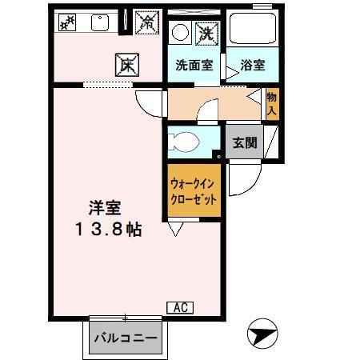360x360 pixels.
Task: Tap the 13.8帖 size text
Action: [x=109, y=230]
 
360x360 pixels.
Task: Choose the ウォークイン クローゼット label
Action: [x=193, y=193]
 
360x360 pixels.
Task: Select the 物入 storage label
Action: [x=271, y=104]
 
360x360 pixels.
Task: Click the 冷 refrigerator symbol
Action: [x=147, y=22]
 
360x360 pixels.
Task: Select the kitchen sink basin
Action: [x=100, y=22]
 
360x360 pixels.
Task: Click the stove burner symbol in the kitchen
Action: [x=68, y=22]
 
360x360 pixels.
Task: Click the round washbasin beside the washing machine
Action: [x=181, y=33]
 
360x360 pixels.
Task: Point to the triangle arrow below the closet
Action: [x=175, y=230]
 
